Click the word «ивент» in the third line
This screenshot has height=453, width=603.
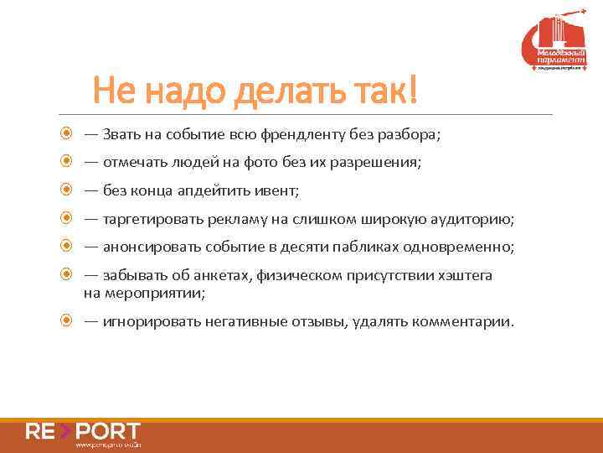coord(276,190)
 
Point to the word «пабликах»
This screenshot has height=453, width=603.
coord(379,247)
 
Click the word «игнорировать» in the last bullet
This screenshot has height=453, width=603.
coord(145,321)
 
